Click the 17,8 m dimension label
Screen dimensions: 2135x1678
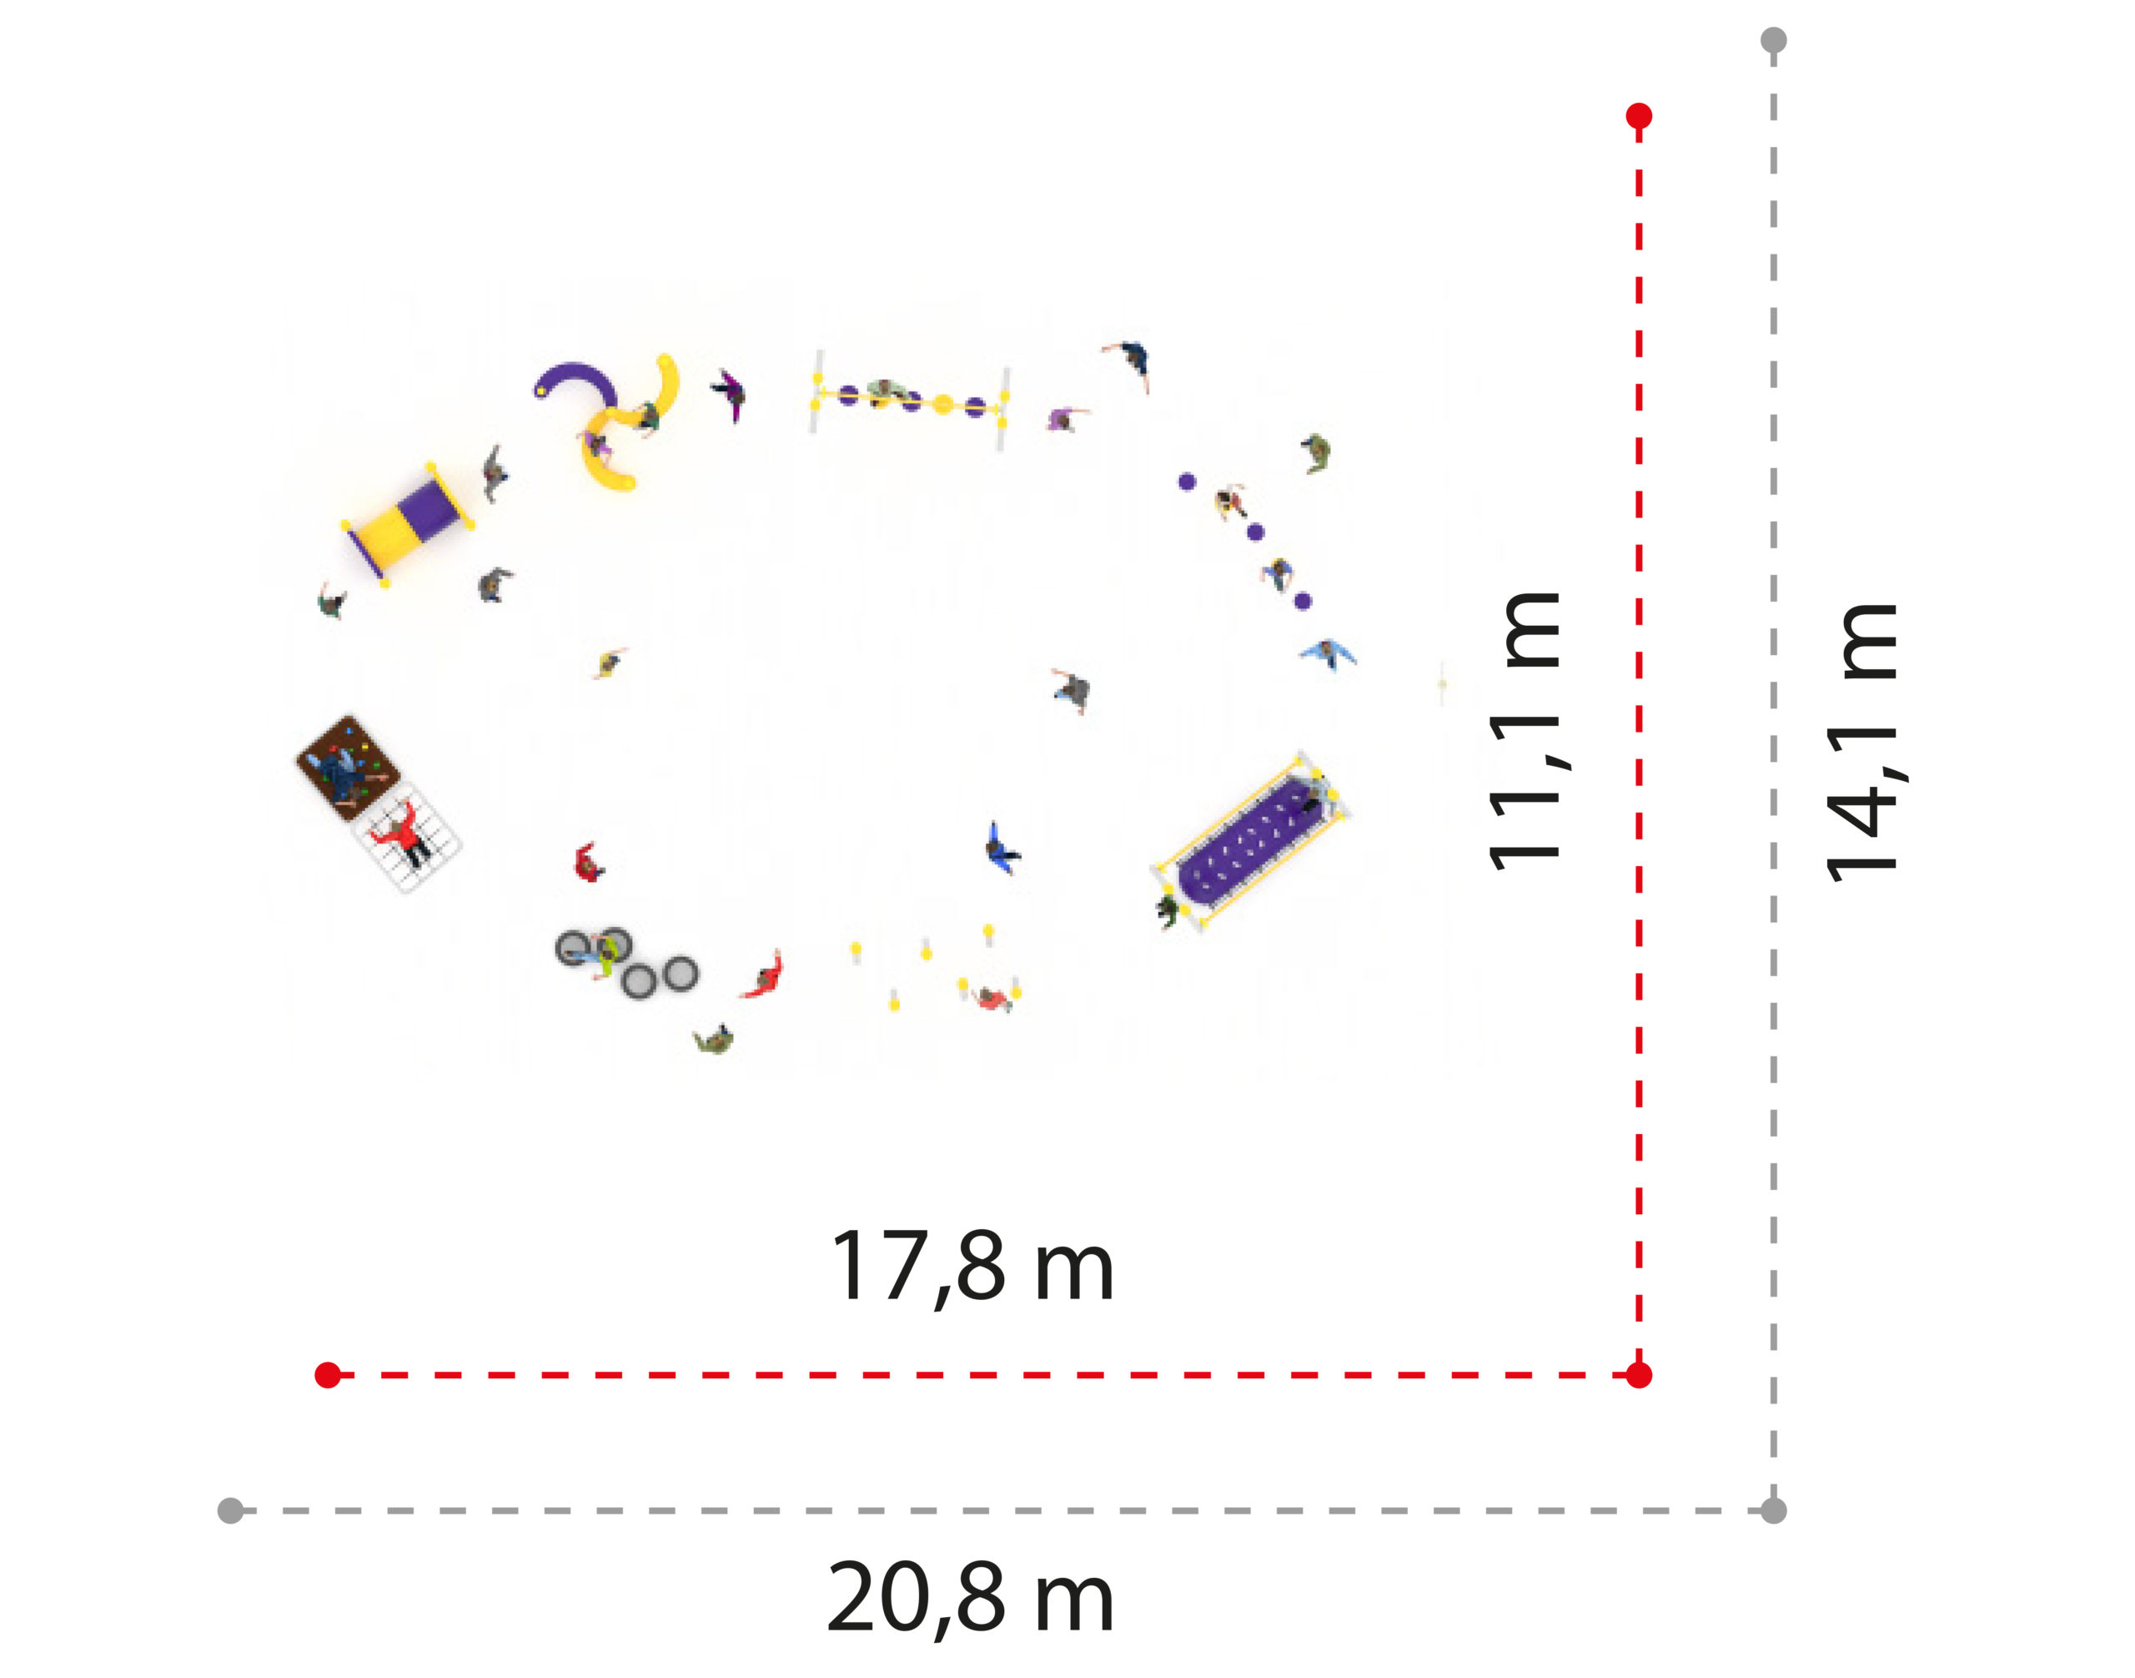click(x=972, y=1268)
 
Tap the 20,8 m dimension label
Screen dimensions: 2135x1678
click(x=970, y=1599)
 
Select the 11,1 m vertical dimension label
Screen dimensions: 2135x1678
click(x=1525, y=731)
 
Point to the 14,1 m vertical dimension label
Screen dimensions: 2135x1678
click(x=1861, y=742)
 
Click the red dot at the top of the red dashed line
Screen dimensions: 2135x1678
click(x=1638, y=116)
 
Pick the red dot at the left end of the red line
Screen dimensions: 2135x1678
click(x=328, y=1374)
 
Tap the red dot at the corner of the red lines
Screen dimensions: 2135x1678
click(x=1638, y=1374)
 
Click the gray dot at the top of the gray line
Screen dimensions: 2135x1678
click(x=1772, y=40)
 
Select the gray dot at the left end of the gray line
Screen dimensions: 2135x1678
click(x=230, y=1510)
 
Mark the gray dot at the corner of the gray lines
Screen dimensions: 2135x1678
click(x=1772, y=1510)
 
